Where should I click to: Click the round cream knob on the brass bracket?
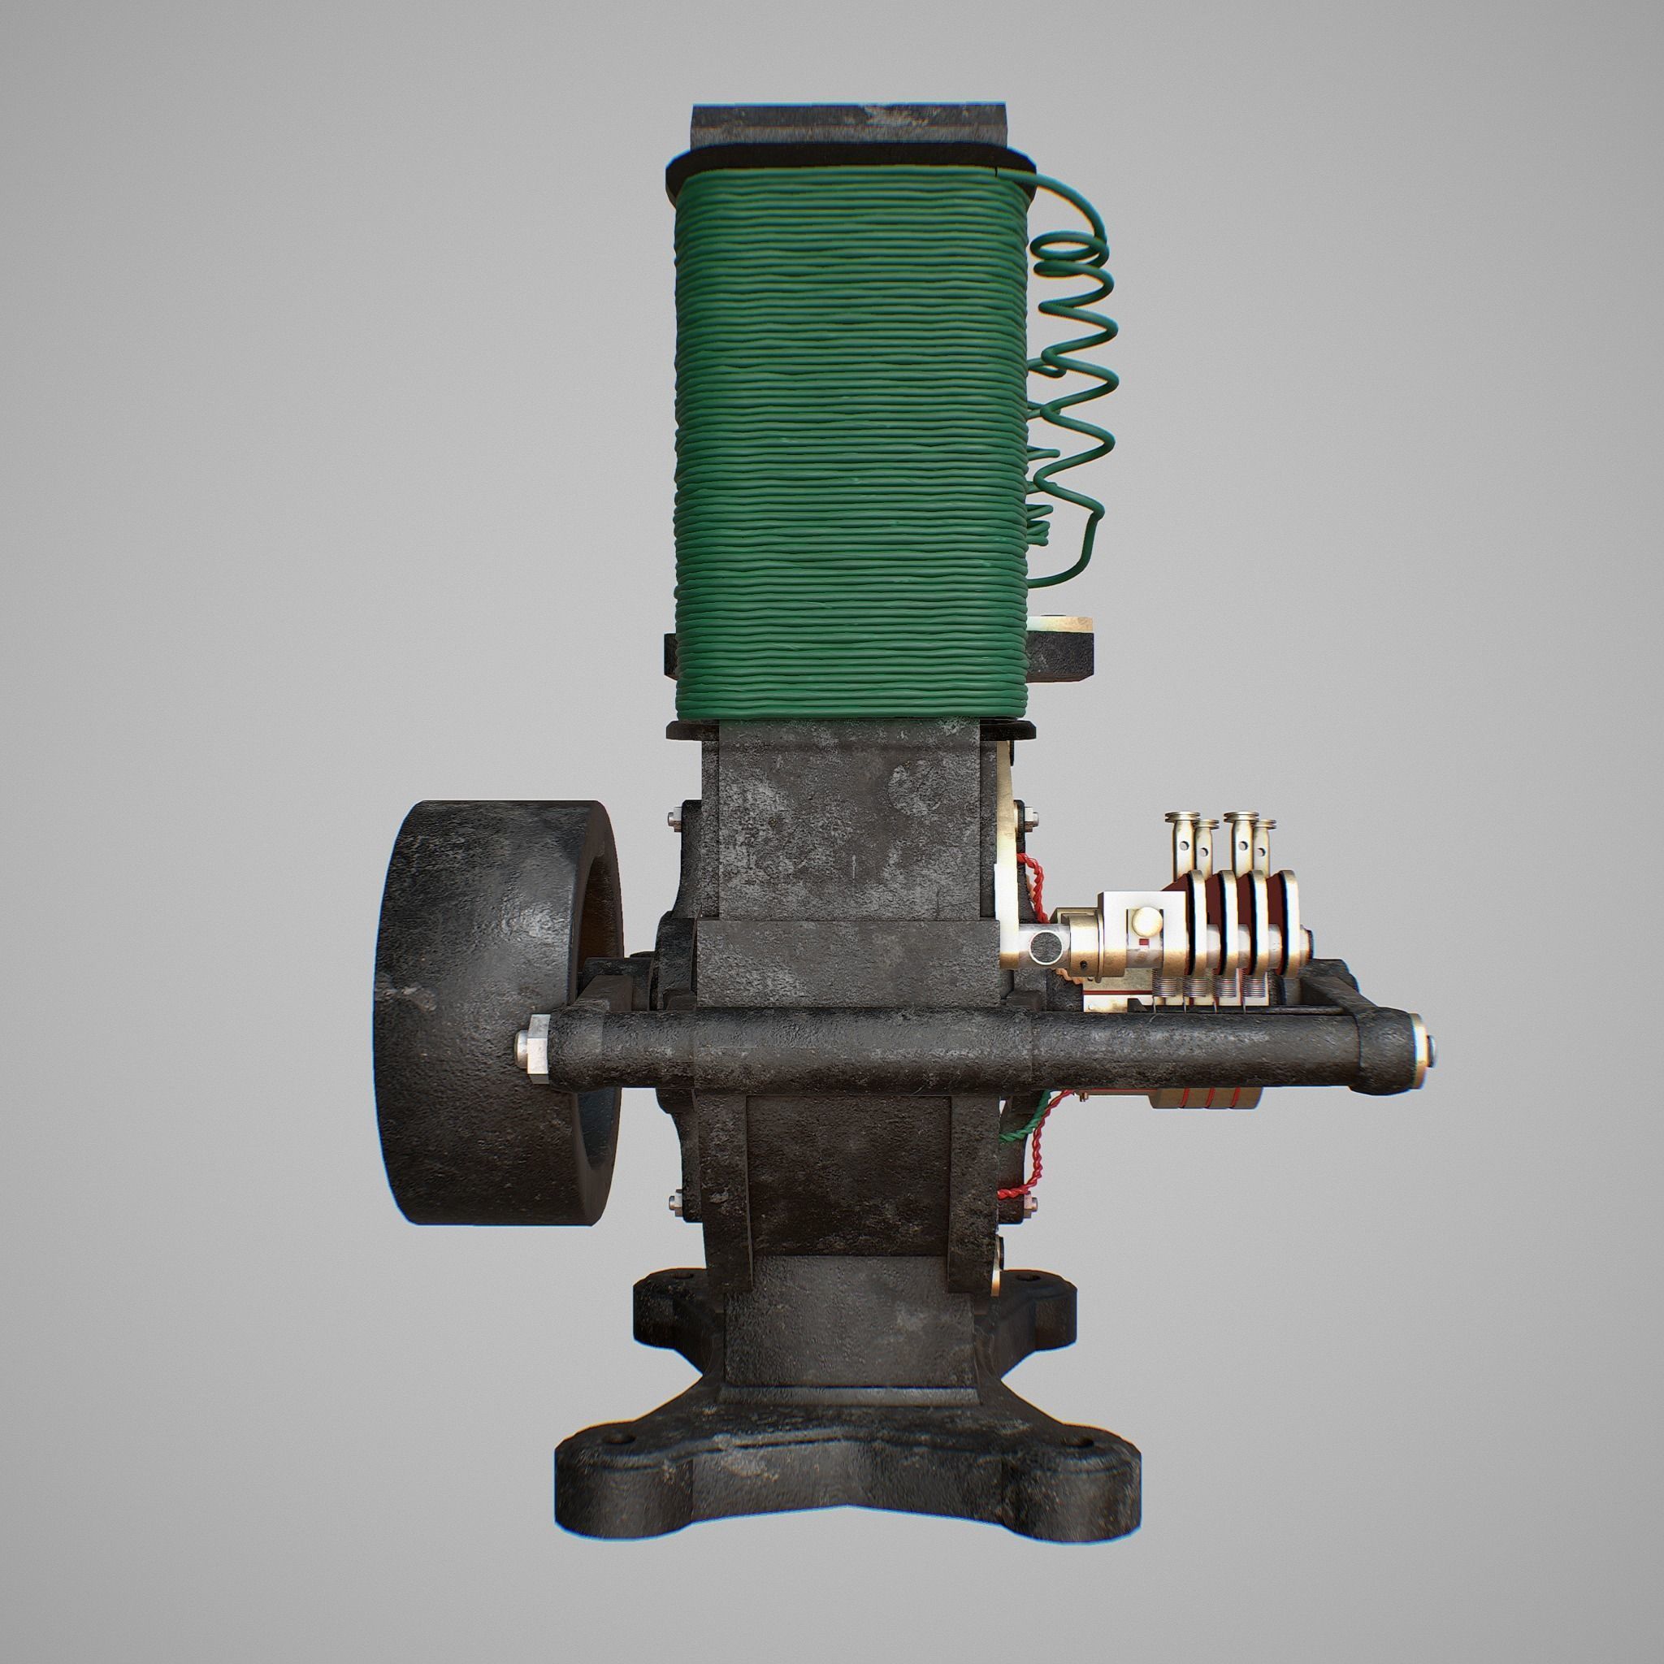[x=1148, y=922]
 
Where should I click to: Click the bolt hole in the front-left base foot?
[x=613, y=1440]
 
